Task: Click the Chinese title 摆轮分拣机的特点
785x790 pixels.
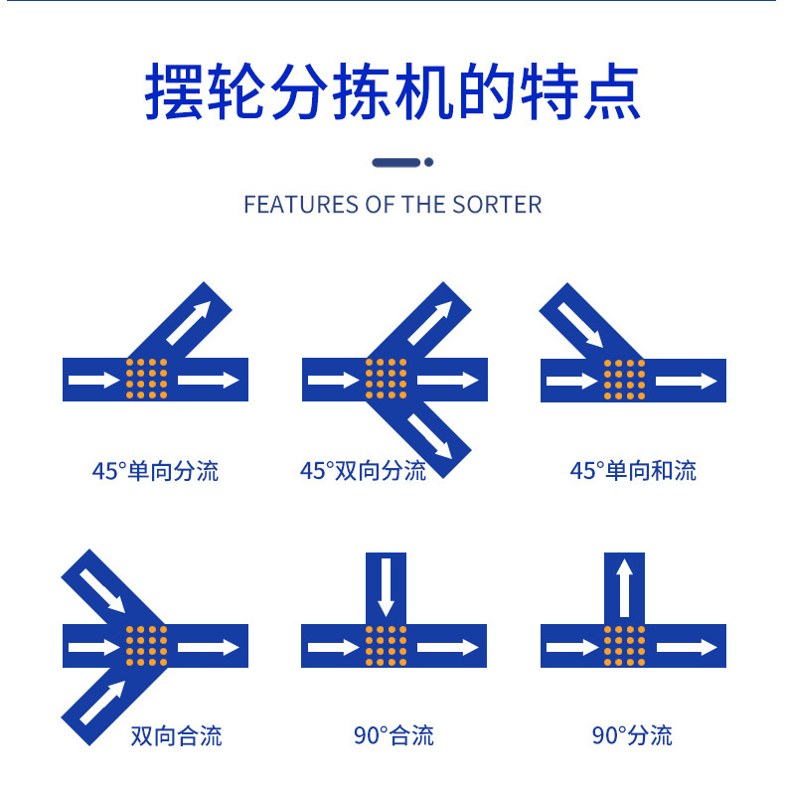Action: [392, 91]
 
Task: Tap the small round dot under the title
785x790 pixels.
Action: [429, 162]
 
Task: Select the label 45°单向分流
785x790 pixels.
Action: [155, 471]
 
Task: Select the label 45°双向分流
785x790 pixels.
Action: [363, 471]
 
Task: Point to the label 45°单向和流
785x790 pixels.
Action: [633, 471]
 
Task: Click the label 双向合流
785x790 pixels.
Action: [176, 736]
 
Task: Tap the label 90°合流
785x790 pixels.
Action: [393, 735]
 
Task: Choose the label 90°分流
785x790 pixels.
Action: [632, 735]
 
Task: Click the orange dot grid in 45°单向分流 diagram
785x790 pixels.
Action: [147, 379]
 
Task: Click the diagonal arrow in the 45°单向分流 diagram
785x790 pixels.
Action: [189, 323]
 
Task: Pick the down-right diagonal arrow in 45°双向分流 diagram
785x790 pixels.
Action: [430, 436]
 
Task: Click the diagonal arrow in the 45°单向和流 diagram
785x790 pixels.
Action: [580, 325]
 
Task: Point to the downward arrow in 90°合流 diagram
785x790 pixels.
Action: [386, 587]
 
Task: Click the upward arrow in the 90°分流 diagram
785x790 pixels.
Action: [625, 587]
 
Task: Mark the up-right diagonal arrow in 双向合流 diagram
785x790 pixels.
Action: [102, 703]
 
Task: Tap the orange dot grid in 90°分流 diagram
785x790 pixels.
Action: [625, 646]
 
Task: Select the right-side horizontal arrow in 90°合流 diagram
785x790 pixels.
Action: [448, 647]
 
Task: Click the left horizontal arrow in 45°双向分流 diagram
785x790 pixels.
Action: [334, 380]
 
